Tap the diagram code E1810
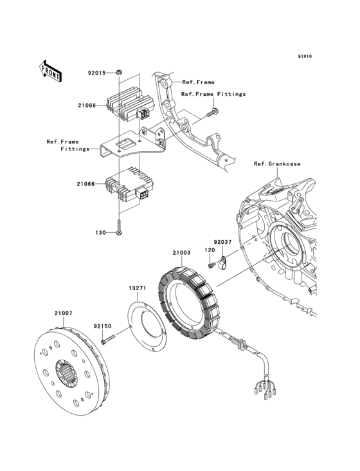tap(304, 56)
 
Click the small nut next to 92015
tap(120, 73)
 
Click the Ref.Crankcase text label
tap(277, 163)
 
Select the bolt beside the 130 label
tap(120, 226)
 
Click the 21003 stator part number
tap(181, 252)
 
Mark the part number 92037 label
tap(222, 243)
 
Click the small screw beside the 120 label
tap(210, 264)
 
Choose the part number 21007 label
tap(63, 313)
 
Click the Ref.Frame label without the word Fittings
tap(198, 82)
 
